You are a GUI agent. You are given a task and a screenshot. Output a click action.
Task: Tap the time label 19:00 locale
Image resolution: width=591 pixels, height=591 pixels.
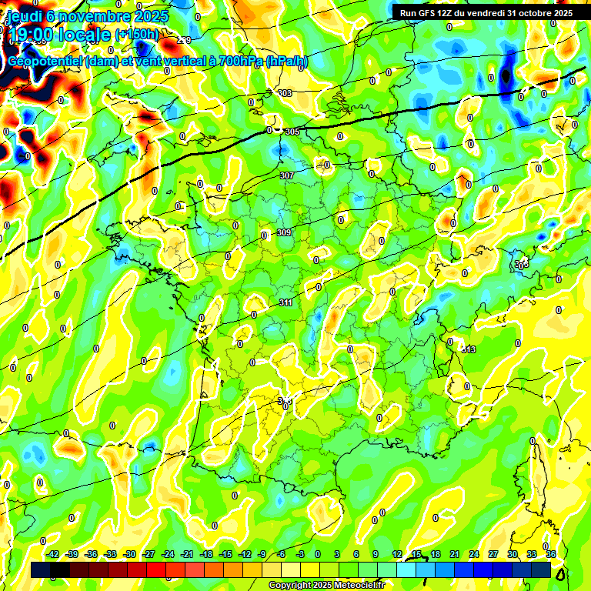60,35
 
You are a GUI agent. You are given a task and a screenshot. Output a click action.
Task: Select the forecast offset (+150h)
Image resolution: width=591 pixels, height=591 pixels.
137,35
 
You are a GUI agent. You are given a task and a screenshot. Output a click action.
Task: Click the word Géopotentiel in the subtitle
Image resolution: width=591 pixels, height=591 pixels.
47,62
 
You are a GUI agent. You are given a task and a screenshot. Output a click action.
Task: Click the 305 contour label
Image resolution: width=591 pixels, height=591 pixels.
292,132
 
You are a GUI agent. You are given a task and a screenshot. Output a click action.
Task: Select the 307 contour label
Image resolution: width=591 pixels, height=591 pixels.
287,175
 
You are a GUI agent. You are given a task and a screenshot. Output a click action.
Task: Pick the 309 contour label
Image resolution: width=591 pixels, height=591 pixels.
284,232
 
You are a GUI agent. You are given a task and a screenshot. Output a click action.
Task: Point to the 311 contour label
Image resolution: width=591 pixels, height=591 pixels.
285,303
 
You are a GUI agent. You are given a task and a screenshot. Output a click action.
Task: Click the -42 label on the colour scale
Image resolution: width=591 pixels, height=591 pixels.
53,555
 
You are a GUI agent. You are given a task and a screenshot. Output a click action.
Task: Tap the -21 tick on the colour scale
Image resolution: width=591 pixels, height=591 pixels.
187,555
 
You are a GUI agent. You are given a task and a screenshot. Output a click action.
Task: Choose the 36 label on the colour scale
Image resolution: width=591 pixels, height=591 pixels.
551,555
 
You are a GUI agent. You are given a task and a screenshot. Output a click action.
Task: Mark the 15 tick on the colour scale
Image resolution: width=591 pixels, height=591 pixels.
416,555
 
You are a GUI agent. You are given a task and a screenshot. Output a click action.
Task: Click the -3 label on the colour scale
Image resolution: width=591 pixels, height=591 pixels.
301,555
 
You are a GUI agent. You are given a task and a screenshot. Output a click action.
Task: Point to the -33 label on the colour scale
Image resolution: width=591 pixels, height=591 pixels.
110,555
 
